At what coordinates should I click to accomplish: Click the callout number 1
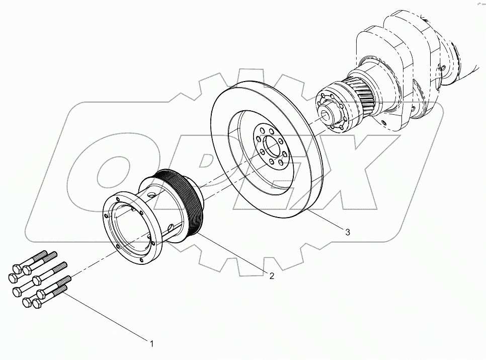[150, 344]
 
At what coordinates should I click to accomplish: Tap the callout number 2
[271, 276]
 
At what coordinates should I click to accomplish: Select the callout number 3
[348, 232]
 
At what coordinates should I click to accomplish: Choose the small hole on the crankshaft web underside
[385, 122]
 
